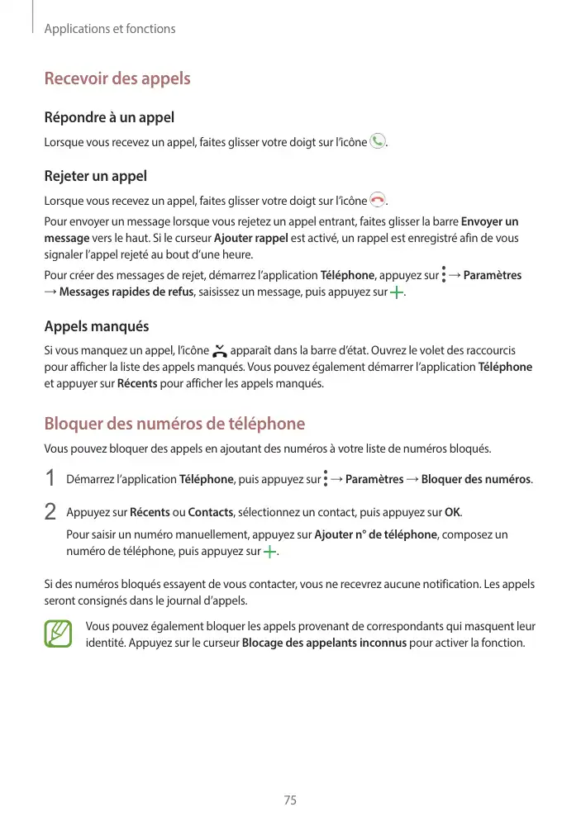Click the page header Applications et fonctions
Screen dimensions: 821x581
(x=109, y=29)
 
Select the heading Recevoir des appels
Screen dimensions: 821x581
(x=117, y=79)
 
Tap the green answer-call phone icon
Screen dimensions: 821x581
(x=378, y=141)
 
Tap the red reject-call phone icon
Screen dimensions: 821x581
(x=378, y=200)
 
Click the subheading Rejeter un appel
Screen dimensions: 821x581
(x=95, y=176)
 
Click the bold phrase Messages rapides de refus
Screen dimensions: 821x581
(x=126, y=292)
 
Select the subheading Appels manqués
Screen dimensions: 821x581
(x=96, y=327)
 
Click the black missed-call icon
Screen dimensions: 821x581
(x=219, y=351)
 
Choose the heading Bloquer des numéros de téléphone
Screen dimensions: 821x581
(x=174, y=425)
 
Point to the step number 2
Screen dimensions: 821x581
(x=50, y=512)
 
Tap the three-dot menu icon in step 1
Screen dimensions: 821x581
(x=326, y=479)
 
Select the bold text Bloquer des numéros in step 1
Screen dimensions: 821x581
(x=476, y=480)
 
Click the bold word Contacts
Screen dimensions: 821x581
(x=211, y=512)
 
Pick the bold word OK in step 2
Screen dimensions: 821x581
(x=453, y=512)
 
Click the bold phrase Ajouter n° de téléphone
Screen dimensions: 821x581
(x=376, y=534)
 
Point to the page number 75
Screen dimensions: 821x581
(x=290, y=801)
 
